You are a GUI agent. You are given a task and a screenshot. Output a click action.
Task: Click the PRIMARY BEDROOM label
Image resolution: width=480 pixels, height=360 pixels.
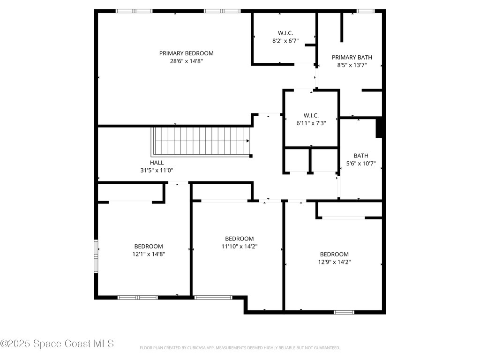(x=186, y=53)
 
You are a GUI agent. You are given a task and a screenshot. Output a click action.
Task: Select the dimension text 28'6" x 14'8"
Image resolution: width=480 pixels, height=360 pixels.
(x=186, y=61)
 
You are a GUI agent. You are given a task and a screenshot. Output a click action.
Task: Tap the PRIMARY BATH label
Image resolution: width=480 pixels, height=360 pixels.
(x=352, y=58)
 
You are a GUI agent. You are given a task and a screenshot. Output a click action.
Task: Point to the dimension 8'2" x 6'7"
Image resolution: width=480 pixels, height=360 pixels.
(x=285, y=41)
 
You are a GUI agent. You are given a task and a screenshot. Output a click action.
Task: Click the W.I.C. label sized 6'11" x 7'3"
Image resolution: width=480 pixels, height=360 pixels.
(x=311, y=115)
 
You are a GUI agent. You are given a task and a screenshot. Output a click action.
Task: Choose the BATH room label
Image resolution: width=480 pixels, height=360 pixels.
(x=360, y=156)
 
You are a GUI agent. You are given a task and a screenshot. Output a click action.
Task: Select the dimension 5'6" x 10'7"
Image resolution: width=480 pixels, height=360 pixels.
(x=360, y=164)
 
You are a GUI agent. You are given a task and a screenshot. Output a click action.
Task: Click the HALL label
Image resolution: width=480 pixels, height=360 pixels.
(x=157, y=163)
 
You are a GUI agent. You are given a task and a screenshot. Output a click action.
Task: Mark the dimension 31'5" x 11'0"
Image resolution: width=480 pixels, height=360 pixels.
(x=157, y=171)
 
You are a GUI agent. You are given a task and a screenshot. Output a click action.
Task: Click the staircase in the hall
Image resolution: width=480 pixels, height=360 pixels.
(x=202, y=141)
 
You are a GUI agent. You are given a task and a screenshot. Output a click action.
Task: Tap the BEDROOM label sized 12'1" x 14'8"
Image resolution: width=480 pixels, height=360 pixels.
(x=148, y=247)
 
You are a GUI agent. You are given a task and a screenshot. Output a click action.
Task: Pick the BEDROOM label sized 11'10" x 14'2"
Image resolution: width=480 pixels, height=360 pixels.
(x=239, y=239)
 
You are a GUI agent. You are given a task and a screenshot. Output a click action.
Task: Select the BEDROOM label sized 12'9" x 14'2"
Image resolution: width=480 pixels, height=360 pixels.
(x=334, y=255)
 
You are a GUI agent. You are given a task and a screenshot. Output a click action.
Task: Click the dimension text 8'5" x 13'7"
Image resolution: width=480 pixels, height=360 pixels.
(x=352, y=66)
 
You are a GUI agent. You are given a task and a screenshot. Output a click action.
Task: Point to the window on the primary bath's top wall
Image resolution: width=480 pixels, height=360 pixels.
(x=365, y=11)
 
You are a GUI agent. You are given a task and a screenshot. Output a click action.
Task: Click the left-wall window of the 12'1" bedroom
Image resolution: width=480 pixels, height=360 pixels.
(x=96, y=256)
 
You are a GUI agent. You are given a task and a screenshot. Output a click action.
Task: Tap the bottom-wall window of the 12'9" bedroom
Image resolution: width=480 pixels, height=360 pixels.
(x=344, y=312)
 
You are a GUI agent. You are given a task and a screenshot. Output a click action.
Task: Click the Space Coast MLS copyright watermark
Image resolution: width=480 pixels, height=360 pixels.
(x=57, y=344)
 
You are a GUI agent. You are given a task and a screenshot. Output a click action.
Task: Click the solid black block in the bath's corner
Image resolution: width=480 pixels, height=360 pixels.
(x=380, y=128)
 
